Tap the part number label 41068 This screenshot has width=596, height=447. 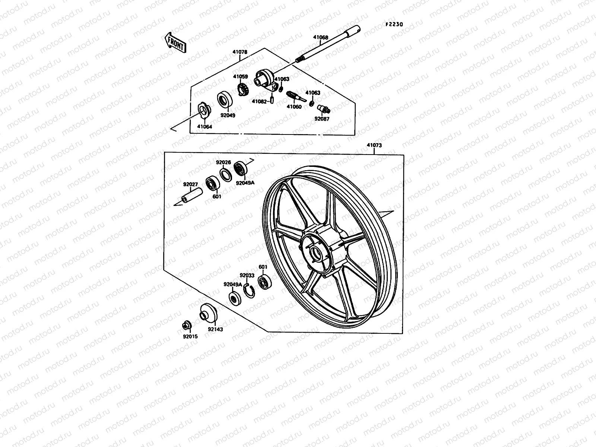(x=320, y=37)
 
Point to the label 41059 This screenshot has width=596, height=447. (x=240, y=76)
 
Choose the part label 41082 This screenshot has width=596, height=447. (x=259, y=101)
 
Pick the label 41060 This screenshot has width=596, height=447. (x=294, y=107)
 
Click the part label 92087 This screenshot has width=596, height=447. (x=322, y=119)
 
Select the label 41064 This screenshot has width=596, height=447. (x=205, y=127)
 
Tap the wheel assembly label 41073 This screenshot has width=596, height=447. (x=374, y=145)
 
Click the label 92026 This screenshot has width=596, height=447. (x=223, y=162)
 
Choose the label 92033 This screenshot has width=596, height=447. (x=247, y=275)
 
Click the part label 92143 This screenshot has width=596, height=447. (x=215, y=329)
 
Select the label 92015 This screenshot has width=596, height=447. (x=190, y=336)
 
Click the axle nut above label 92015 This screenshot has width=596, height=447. (x=186, y=325)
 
